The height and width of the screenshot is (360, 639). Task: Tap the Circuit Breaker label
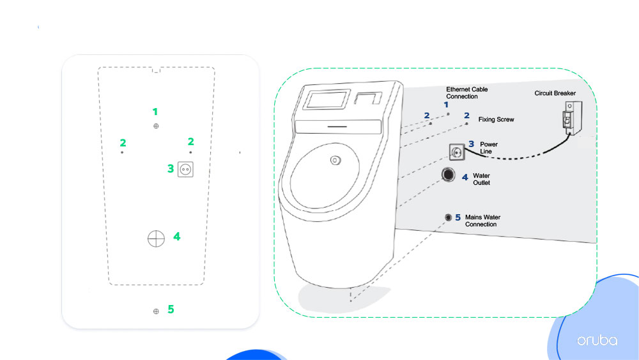coord(555,93)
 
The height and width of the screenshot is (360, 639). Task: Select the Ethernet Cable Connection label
coord(466,93)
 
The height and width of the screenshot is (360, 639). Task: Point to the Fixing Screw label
coord(496,120)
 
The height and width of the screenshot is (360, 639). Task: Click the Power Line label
coord(489,148)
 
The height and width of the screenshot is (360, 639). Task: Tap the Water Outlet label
coord(481,178)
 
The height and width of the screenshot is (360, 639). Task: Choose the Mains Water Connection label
coord(482,221)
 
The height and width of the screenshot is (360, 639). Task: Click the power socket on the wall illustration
coord(456,152)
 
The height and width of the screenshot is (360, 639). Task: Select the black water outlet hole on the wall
coord(449,175)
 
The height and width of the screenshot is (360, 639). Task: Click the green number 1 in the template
coord(155,111)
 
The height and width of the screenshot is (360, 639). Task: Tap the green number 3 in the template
coord(171,169)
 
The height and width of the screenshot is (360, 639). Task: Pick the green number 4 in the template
coord(176,237)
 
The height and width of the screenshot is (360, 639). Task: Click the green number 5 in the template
coord(171,309)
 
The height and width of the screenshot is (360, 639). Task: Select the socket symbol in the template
coord(185,169)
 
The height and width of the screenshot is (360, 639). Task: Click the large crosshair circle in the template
coord(156,238)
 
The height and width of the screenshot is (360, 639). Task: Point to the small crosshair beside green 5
coord(156,311)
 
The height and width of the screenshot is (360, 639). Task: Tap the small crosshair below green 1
coord(156,126)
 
